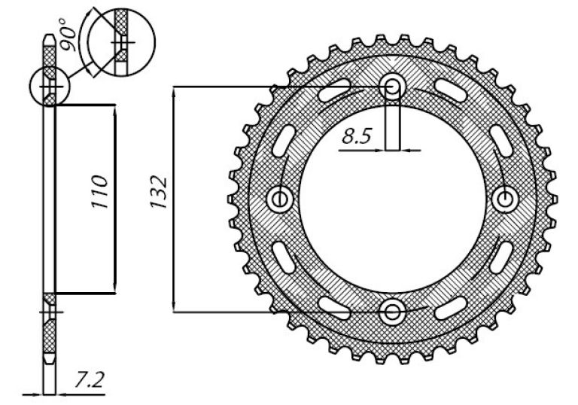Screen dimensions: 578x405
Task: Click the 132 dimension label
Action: (159, 193)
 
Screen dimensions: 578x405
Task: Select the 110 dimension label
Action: (100, 192)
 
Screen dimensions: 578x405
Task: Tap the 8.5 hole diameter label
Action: (356, 136)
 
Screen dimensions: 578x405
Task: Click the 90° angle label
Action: (68, 34)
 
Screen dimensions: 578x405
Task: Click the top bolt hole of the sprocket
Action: (393, 87)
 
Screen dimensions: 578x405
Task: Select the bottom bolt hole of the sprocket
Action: (393, 312)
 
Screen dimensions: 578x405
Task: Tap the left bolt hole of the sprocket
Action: (280, 200)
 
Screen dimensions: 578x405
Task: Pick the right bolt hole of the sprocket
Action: (505, 200)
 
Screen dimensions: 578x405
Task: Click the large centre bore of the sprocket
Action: (392, 200)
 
